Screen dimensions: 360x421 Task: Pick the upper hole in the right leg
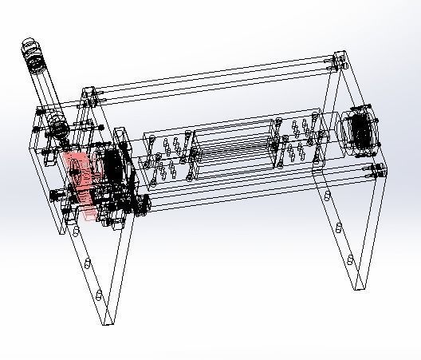[x=338, y=227]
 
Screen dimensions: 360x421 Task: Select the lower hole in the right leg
[x=348, y=260]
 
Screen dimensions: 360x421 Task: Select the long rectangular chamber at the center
[x=235, y=148]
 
